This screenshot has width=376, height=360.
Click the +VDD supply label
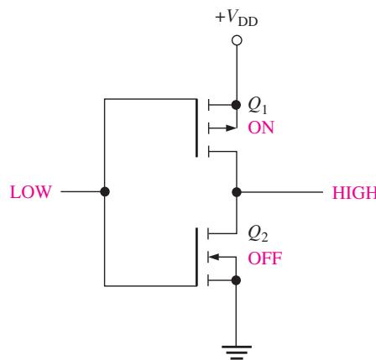[x=237, y=18]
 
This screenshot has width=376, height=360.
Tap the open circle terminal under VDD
[x=237, y=40]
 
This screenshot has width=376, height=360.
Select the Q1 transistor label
[x=258, y=106]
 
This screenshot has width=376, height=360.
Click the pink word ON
[x=261, y=128]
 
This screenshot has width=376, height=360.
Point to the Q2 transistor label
[x=258, y=234]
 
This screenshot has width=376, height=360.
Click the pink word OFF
[x=264, y=258]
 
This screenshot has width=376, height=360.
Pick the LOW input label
[x=31, y=192]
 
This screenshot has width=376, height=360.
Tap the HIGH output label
[x=354, y=193]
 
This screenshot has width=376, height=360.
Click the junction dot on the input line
[x=105, y=192]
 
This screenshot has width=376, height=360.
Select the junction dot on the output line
[x=237, y=192]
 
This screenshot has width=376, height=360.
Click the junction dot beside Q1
[x=237, y=105]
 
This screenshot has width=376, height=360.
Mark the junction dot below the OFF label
[x=236, y=280]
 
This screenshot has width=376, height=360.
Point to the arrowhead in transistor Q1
[x=231, y=128]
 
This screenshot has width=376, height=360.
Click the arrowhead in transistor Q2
[x=214, y=257]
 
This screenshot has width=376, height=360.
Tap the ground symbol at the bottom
[x=237, y=352]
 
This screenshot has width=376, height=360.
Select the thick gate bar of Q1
[x=196, y=128]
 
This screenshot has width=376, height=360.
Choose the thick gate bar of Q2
[x=196, y=257]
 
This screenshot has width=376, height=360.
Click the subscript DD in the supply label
[x=248, y=22]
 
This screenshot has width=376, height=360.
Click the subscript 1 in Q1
[x=264, y=110]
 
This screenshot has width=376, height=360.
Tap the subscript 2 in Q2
[x=264, y=237]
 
